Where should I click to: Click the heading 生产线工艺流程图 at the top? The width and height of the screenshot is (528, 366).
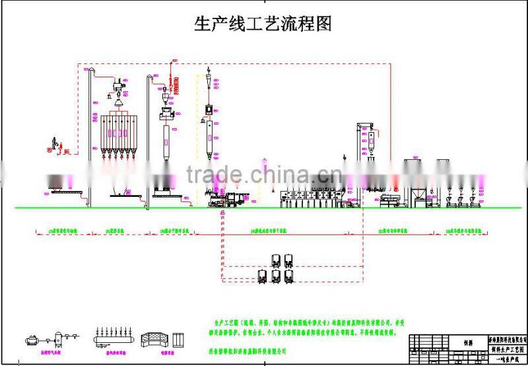[x=262, y=24]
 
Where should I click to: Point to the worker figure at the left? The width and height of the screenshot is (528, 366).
[x=55, y=143]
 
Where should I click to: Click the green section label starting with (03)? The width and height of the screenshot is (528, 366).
[x=175, y=231]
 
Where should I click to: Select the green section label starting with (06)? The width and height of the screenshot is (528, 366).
[x=463, y=231]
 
